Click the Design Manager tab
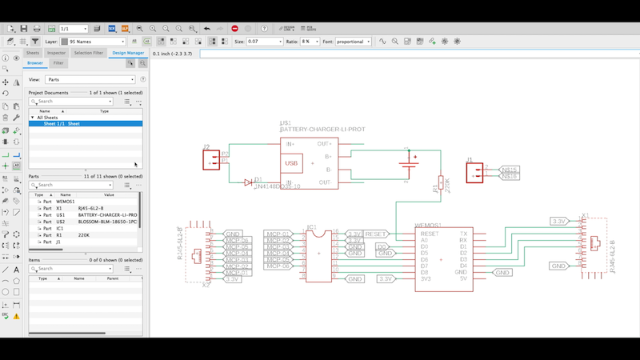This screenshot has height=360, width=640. [x=128, y=53]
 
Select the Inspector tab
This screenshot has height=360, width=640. [x=56, y=53]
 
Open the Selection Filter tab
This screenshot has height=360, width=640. [x=88, y=53]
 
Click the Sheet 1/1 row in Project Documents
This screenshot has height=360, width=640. [x=62, y=124]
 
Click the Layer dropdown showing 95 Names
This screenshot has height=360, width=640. [x=93, y=41]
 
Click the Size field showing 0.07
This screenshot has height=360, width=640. [x=264, y=41]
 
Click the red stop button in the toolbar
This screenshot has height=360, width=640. [x=234, y=29]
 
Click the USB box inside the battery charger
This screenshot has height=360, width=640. [x=293, y=163]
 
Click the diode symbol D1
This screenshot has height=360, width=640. [x=249, y=182]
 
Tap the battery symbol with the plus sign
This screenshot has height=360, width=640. [x=410, y=166]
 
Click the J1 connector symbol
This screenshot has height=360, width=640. [x=474, y=173]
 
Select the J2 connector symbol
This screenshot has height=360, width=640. [x=211, y=160]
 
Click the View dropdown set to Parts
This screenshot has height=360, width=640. [x=91, y=79]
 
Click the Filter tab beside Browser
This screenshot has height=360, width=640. [x=58, y=62]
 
